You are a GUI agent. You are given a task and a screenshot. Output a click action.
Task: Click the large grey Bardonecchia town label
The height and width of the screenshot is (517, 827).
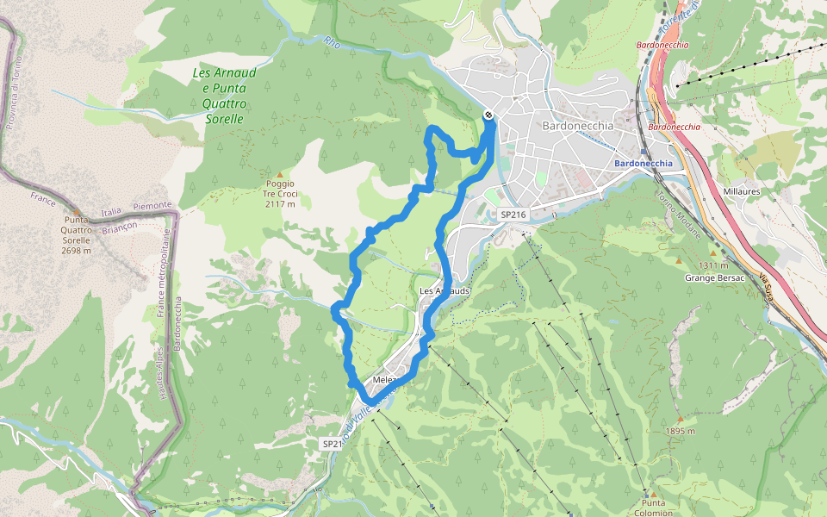[x=578, y=125]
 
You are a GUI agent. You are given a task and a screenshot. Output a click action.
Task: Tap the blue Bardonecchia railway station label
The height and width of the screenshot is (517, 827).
[x=644, y=163]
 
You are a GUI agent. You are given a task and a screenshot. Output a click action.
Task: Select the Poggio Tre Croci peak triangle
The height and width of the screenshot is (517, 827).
[x=279, y=174]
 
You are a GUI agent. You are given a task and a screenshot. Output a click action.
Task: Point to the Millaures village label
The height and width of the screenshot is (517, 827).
[x=740, y=190]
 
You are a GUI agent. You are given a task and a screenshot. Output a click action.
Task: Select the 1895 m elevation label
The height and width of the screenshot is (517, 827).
[x=680, y=431]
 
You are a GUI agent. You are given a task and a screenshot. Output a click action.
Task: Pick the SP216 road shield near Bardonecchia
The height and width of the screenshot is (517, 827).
[x=512, y=214]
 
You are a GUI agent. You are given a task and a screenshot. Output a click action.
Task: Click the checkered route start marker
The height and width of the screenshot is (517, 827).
[x=488, y=115]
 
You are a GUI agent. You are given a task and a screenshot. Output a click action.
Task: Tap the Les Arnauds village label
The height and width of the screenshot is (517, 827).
[x=445, y=291]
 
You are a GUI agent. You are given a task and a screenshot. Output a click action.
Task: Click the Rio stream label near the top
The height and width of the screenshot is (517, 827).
[x=333, y=40]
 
